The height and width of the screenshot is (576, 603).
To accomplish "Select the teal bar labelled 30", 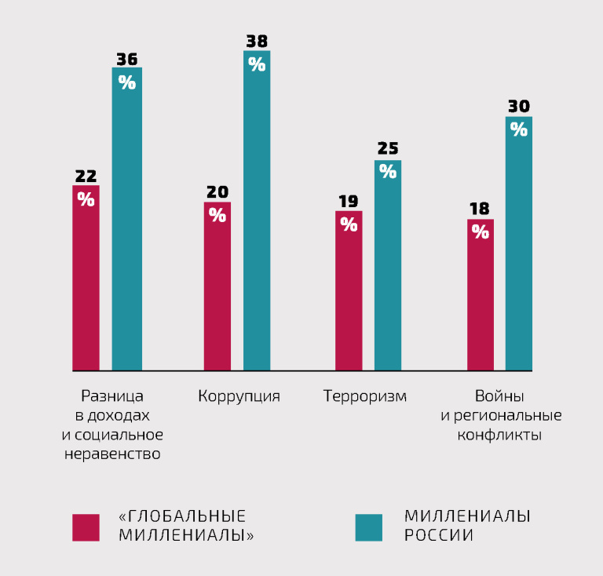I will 519,243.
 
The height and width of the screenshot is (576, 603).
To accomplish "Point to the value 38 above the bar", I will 257,41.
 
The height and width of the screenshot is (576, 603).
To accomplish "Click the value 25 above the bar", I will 388,149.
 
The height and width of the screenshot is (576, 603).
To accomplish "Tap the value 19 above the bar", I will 349,200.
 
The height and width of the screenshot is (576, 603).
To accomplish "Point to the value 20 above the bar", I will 217,191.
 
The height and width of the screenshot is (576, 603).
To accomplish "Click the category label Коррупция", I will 239,396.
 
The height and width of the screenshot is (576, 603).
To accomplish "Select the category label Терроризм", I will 365,396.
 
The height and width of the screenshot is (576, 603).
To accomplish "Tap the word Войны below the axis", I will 500,396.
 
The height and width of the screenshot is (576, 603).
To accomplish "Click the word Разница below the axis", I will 112,396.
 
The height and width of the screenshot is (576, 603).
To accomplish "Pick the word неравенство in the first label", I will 112,454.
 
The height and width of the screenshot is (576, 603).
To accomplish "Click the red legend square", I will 86,527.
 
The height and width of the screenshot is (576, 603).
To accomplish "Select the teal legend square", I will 368,527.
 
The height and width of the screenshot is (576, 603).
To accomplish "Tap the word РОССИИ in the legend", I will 439,536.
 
